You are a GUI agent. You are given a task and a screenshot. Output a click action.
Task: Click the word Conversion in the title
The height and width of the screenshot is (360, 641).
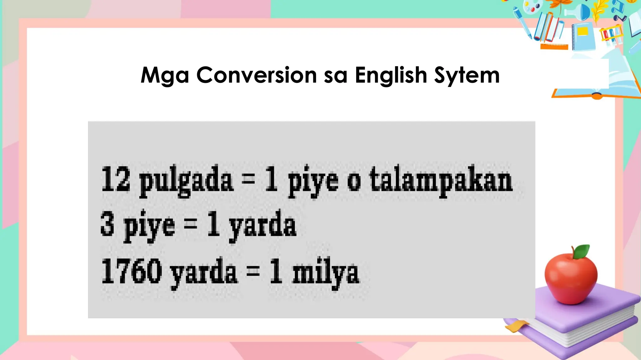point(257,75)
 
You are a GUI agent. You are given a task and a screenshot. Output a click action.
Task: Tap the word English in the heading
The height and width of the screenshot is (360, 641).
point(391,75)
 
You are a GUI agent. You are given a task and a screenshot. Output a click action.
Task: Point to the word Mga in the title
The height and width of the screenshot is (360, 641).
point(165,76)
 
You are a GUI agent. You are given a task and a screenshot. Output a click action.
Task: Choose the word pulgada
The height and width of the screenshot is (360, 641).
point(186,181)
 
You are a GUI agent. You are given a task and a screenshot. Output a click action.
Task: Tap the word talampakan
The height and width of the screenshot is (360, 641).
point(441,181)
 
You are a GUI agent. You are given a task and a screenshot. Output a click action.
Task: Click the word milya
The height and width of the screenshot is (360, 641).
point(326,273)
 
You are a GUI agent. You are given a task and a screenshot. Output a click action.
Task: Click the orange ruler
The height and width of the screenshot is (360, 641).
point(554,47)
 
